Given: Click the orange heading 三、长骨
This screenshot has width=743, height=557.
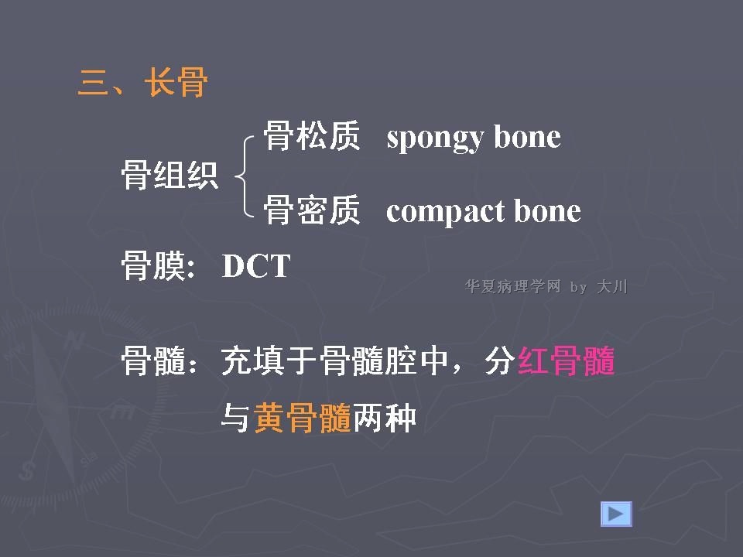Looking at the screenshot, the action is click(x=142, y=82).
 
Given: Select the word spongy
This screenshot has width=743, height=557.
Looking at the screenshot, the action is click(x=435, y=138).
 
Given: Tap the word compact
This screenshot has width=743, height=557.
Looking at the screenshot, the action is click(x=445, y=211).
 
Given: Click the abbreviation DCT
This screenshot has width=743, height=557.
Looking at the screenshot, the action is click(x=256, y=265).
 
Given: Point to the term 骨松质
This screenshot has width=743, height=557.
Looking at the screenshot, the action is click(x=312, y=135).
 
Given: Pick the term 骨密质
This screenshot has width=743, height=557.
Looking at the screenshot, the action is click(x=312, y=210).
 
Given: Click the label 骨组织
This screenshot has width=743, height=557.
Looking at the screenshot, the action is click(x=169, y=175).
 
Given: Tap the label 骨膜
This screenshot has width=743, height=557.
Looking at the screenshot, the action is click(x=152, y=265).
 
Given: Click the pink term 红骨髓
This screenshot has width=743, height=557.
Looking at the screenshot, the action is click(x=567, y=361).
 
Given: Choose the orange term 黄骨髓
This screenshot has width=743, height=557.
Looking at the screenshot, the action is click(x=303, y=418).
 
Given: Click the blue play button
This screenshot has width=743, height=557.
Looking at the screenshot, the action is click(x=617, y=514).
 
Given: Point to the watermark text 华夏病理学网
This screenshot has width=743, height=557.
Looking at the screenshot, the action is click(x=512, y=286).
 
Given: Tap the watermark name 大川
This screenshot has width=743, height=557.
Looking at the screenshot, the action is click(x=612, y=286).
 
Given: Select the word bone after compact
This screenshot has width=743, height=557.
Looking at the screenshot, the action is click(x=547, y=210).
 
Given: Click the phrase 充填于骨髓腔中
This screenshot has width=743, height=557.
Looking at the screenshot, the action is click(x=335, y=361).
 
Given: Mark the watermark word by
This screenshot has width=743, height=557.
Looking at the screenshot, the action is click(x=579, y=288).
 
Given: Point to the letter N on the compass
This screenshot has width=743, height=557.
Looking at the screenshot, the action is click(x=74, y=340).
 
